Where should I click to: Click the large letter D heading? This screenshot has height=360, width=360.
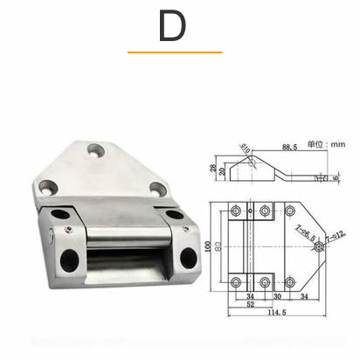point(172,27)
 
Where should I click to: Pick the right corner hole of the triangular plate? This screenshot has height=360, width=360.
point(156,186)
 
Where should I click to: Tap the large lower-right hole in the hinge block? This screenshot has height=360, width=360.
point(187,257)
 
